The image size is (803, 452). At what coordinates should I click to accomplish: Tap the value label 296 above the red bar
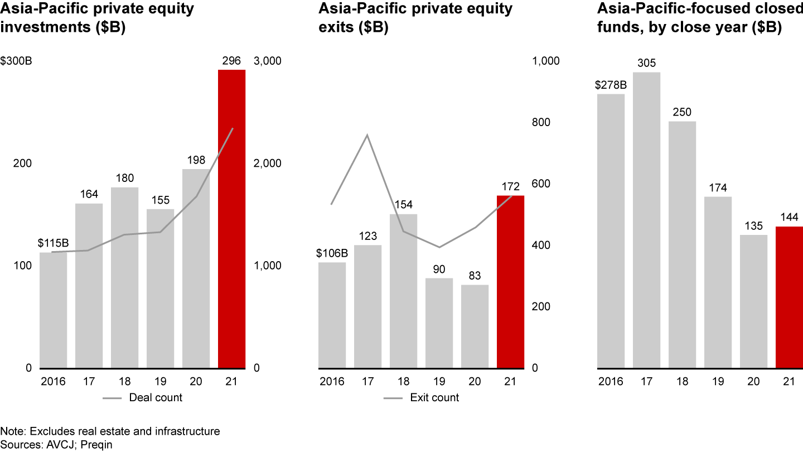[x=231, y=61]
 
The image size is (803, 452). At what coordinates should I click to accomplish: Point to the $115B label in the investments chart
[x=53, y=243]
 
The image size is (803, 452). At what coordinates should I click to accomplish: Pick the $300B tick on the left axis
[x=16, y=61]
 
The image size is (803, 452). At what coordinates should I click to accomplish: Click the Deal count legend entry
[x=156, y=397]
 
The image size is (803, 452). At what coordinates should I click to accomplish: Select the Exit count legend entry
[x=434, y=397]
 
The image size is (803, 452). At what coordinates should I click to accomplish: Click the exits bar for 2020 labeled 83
[x=475, y=326]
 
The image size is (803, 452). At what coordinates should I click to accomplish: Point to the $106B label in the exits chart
[x=332, y=253]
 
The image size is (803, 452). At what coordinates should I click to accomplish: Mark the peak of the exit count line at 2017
[x=367, y=135]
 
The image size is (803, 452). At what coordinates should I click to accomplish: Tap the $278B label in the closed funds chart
[x=611, y=85]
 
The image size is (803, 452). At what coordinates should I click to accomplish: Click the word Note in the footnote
[x=12, y=431]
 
